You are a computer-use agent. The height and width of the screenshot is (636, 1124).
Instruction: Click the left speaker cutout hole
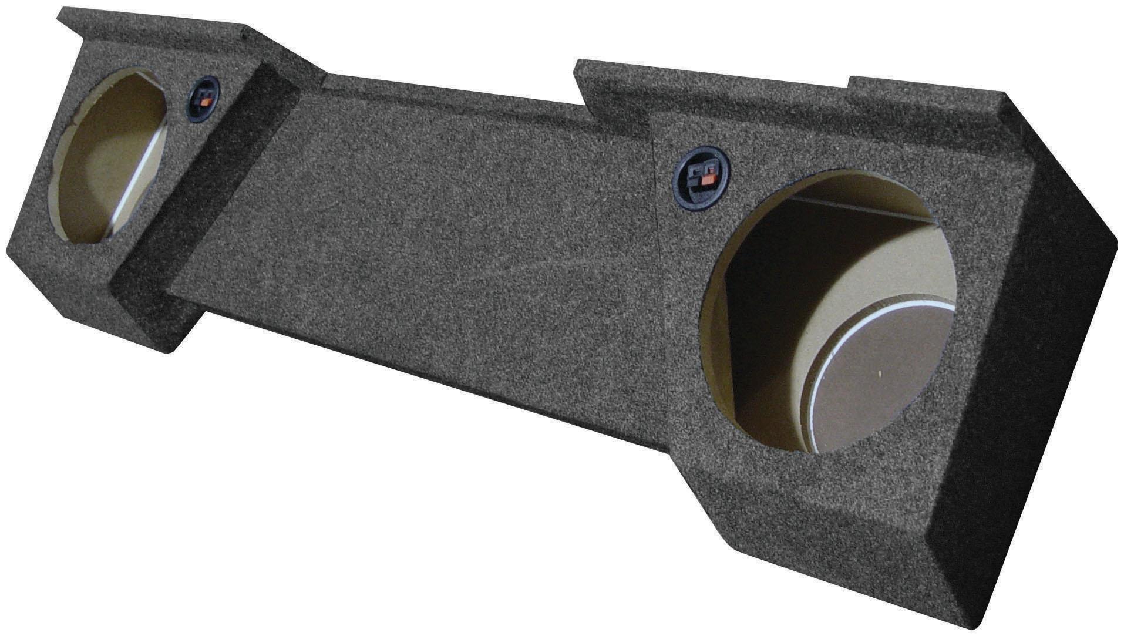click(x=109, y=156)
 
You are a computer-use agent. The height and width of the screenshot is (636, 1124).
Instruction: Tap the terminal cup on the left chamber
click(x=203, y=99)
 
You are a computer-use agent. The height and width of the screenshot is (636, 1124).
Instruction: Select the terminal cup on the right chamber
click(x=701, y=177)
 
